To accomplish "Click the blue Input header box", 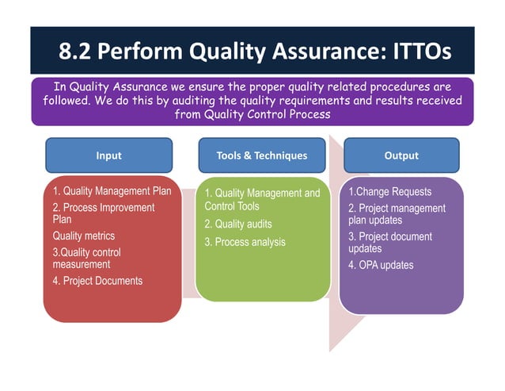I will pyautogui.click(x=108, y=155).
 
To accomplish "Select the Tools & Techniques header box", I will pyautogui.click(x=261, y=155).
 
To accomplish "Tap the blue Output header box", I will pyautogui.click(x=401, y=155).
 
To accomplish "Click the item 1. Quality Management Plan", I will pyautogui.click(x=112, y=191).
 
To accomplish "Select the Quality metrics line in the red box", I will pyautogui.click(x=83, y=236).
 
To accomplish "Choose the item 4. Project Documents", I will pyautogui.click(x=97, y=281).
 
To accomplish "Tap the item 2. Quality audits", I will pyautogui.click(x=237, y=224).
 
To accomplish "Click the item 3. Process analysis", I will pyautogui.click(x=245, y=242).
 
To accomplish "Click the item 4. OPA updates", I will pyautogui.click(x=381, y=265).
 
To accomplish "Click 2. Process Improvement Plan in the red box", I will pyautogui.click(x=103, y=213).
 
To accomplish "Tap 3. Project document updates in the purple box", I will pyautogui.click(x=390, y=243).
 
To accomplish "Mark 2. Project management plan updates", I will pyautogui.click(x=397, y=214).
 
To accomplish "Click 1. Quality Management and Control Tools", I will pyautogui.click(x=262, y=200).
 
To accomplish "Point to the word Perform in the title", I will pyautogui.click(x=148, y=52).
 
